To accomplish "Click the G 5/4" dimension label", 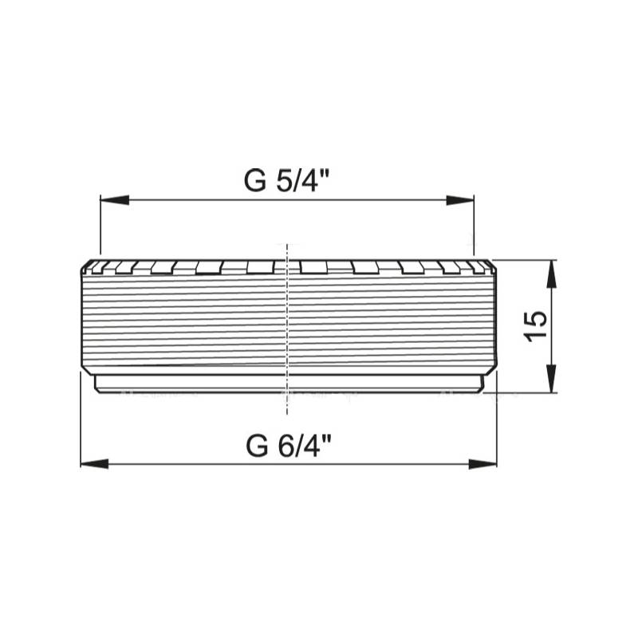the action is [286, 180].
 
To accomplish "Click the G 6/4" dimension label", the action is [289, 446].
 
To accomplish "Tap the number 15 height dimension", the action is [535, 326].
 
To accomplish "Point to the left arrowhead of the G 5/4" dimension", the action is [115, 200].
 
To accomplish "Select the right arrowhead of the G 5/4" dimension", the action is [460, 200].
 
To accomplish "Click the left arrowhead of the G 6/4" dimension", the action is [95, 464].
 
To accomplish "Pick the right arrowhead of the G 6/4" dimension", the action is [482, 464].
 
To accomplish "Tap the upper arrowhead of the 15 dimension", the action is [551, 274].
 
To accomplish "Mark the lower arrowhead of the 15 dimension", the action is [551, 378].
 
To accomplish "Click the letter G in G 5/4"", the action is [254, 181].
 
